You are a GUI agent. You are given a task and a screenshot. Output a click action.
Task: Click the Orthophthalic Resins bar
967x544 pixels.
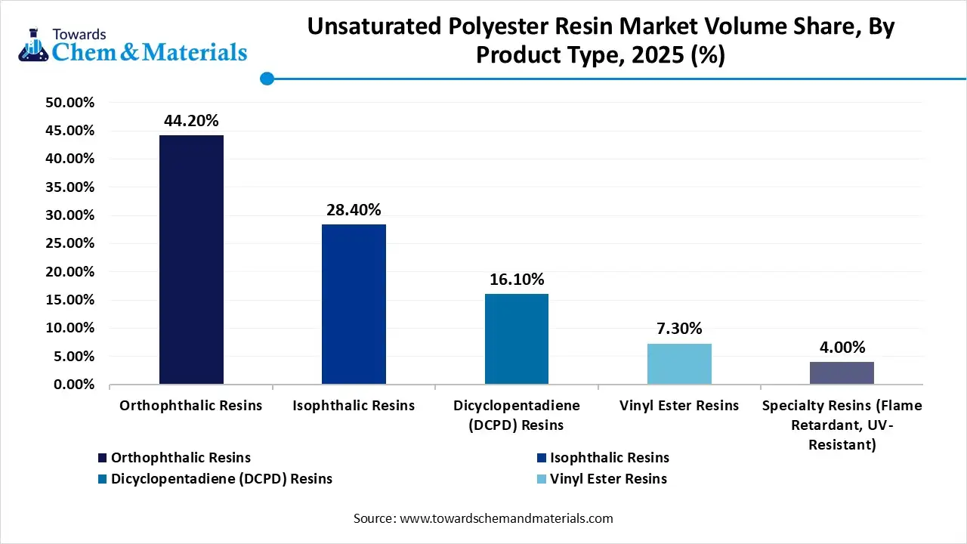click(x=191, y=259)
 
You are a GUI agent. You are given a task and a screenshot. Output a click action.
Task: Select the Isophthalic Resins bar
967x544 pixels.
click(x=354, y=304)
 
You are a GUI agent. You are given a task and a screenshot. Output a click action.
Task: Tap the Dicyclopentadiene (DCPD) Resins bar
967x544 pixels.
click(x=517, y=338)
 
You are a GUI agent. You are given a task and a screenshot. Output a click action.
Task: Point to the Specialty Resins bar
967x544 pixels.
click(x=842, y=373)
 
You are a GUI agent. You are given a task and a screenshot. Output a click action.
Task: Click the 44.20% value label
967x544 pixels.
click(x=191, y=121)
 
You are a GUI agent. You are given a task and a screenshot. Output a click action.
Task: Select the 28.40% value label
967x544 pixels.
click(x=354, y=210)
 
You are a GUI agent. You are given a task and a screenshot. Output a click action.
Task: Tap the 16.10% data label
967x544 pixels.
click(x=517, y=280)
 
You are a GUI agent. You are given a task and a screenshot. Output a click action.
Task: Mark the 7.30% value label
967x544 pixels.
click(x=679, y=329)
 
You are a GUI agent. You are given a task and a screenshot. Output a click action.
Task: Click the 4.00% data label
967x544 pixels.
click(x=842, y=348)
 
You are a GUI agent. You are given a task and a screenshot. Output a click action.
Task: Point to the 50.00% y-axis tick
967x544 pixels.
click(x=70, y=103)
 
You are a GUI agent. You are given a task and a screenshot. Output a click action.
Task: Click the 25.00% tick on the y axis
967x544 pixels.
click(x=70, y=243)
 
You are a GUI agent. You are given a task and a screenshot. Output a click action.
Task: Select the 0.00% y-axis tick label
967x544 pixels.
click(x=73, y=385)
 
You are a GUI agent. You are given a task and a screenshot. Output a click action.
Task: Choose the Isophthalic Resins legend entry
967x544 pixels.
click(x=609, y=457)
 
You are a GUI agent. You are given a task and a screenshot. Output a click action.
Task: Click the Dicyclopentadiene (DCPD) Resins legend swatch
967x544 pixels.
click(x=103, y=478)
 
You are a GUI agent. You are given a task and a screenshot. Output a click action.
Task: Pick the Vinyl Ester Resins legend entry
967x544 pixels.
click(x=608, y=478)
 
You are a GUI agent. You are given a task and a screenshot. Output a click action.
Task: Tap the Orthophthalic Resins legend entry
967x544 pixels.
click(x=181, y=457)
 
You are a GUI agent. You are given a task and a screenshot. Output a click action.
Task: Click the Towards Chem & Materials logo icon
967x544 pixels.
click(x=33, y=45)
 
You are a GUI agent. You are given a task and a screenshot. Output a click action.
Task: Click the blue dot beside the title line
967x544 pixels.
click(x=267, y=78)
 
